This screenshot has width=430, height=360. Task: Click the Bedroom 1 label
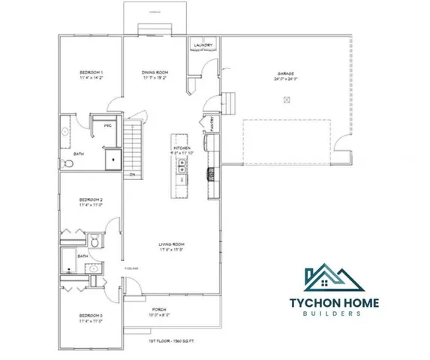(92, 73)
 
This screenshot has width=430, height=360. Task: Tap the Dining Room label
(154, 73)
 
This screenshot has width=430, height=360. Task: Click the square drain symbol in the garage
(286, 99)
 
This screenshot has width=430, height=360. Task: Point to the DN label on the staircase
(132, 175)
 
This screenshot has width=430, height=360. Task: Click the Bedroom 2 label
(91, 200)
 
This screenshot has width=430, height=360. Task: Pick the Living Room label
(171, 244)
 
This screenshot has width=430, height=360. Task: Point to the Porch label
(159, 310)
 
